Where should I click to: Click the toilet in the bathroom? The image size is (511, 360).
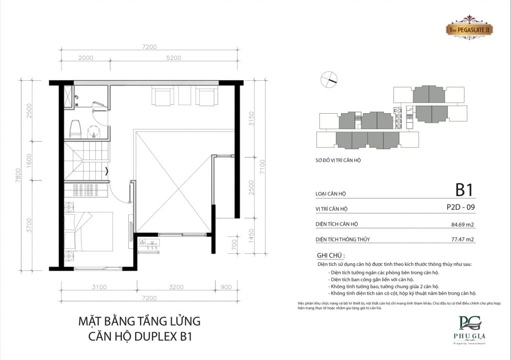coord(75,129)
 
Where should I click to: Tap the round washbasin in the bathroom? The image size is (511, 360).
coord(93,131)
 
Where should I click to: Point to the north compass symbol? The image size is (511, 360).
coord(330,78)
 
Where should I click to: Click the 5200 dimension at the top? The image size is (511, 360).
coord(174,58)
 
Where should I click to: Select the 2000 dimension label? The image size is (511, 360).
coord(86,58)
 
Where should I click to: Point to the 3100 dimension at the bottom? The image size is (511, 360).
coord(99,287)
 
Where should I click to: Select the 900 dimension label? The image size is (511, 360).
coord(227,287)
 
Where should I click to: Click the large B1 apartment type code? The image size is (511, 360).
coord(464,190)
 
